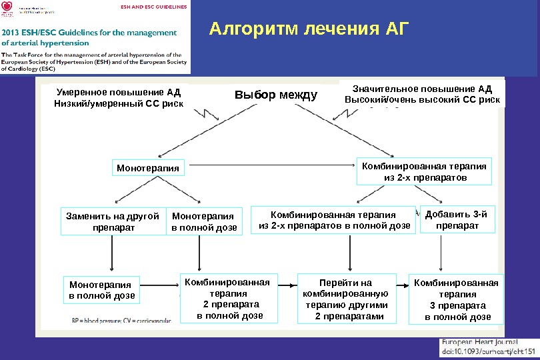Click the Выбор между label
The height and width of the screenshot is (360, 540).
(276, 95)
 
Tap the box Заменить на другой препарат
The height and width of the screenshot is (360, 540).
(113, 222)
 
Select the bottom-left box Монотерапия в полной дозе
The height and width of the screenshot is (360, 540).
(102, 291)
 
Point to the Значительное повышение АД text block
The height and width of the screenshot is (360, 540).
(422, 95)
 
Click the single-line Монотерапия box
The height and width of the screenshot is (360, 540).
(148, 168)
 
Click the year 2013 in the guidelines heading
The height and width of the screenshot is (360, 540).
(14, 32)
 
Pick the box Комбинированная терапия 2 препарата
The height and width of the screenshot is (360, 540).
(227, 299)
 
